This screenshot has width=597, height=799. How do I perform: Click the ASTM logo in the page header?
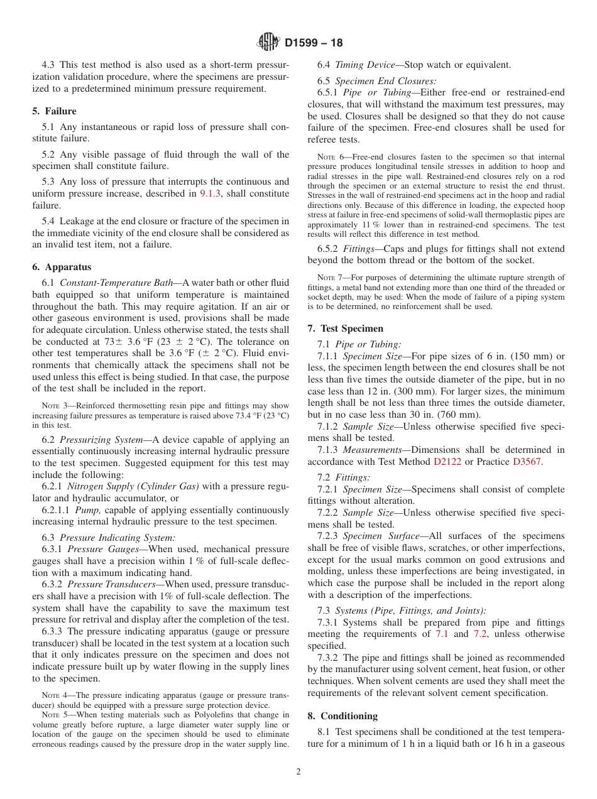tap(268, 43)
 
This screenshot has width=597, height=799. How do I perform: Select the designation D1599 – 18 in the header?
tap(314, 43)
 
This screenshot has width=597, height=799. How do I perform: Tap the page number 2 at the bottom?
tap(298, 772)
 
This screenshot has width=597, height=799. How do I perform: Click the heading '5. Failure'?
tap(55, 111)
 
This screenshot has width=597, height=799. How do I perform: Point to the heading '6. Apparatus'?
tap(62, 267)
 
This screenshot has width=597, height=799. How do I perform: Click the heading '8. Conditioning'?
tap(342, 716)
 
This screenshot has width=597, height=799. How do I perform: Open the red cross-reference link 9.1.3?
tap(210, 193)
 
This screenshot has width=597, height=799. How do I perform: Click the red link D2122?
tap(446, 462)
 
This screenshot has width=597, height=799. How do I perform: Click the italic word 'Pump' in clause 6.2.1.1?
tap(87, 510)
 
